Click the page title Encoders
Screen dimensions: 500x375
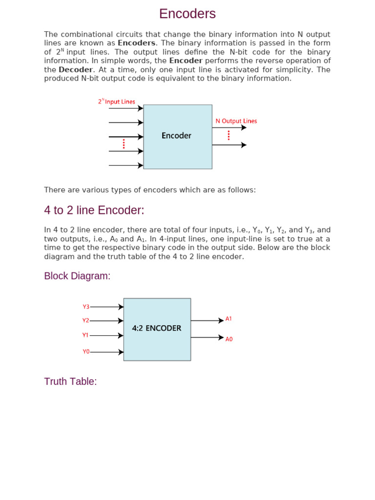187,14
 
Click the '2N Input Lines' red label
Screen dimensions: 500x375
116,102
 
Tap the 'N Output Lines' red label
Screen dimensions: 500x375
236,121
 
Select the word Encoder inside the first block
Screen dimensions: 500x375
176,136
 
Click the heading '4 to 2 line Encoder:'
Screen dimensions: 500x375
94,210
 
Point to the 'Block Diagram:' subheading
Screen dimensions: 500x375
77,276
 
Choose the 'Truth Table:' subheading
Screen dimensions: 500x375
70,381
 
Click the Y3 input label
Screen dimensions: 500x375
86,307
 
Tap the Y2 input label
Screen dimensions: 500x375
86,321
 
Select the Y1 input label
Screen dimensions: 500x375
85,335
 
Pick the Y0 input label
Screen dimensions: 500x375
86,352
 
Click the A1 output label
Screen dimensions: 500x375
229,319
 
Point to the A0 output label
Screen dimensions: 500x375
229,339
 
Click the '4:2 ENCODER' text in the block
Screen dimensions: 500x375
157,329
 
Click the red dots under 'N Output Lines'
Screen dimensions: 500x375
229,136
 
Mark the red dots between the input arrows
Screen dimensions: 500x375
124,144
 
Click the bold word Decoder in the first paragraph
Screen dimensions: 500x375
75,70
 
